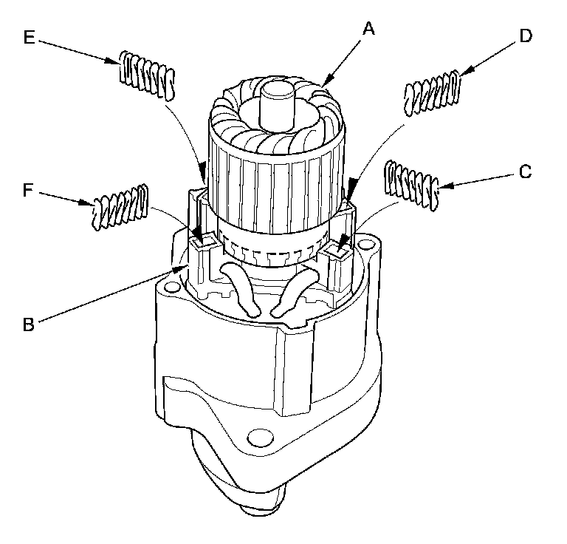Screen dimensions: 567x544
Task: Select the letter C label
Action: [525, 172]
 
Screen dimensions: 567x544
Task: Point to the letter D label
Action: [525, 36]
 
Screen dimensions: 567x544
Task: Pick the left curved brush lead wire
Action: [242, 285]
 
